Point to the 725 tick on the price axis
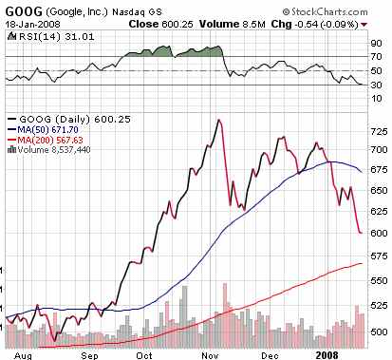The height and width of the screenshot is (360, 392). pyautogui.click(x=377, y=130)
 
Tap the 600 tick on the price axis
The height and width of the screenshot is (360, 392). pyautogui.click(x=377, y=234)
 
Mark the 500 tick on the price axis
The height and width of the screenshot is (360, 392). pyautogui.click(x=377, y=331)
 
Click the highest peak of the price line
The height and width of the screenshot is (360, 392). pyautogui.click(x=220, y=121)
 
